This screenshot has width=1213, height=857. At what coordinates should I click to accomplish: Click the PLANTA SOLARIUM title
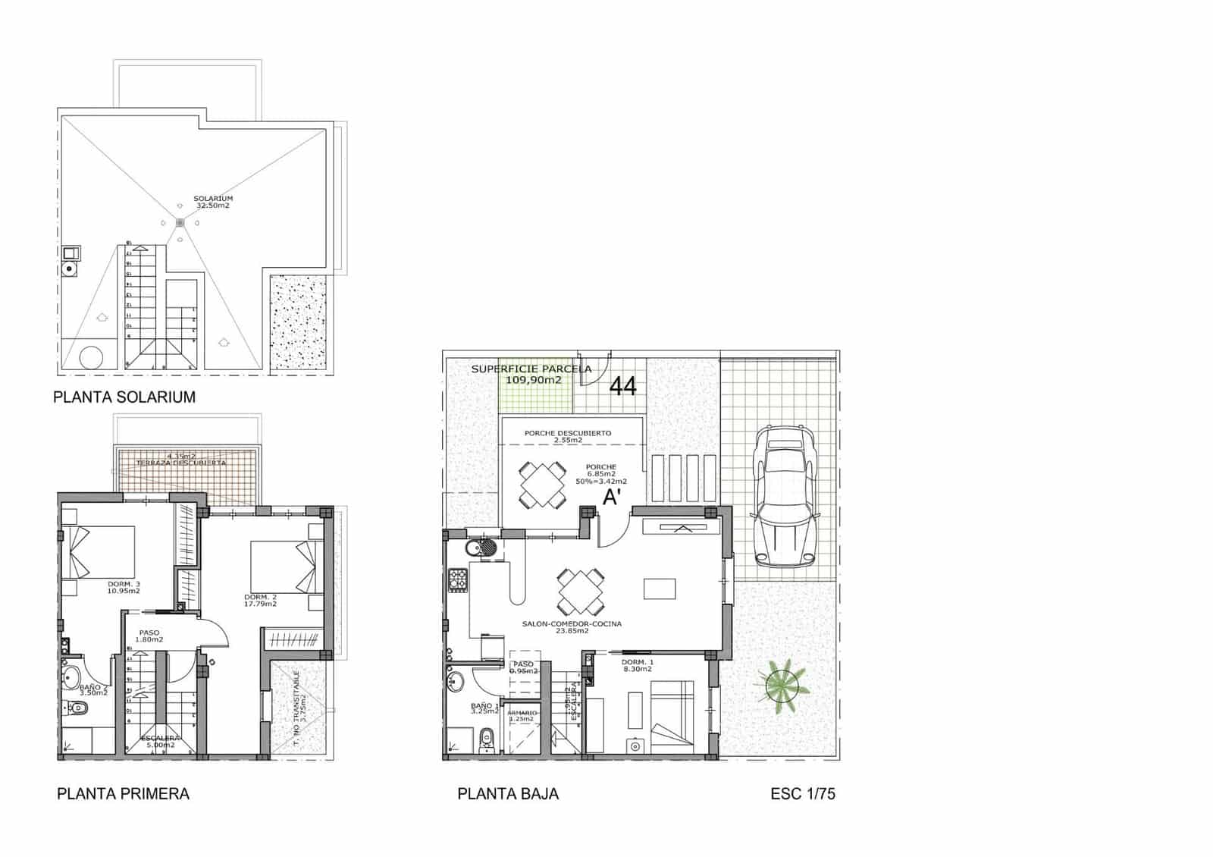pos(124,397)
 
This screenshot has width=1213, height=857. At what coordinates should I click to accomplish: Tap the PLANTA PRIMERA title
pos(123,793)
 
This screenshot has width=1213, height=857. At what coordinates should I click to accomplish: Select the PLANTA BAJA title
pos(508,793)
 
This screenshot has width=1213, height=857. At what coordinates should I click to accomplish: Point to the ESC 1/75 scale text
pos(803,793)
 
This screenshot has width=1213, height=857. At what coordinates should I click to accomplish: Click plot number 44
pos(623,386)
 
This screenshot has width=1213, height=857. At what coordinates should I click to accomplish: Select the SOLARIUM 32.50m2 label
pos(213,202)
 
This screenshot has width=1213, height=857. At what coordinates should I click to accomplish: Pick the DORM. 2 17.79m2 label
pos(260,600)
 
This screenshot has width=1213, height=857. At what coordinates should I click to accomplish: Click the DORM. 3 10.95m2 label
pos(124,586)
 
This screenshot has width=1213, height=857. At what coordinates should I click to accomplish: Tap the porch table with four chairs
pos(542,484)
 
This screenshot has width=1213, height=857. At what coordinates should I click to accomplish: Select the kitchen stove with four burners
pos(458,580)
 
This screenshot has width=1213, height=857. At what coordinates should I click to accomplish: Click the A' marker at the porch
pos(613,498)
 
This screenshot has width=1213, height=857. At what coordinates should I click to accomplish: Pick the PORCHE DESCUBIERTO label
pos(568,436)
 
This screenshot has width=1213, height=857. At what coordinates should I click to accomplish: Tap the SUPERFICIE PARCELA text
pos(531,374)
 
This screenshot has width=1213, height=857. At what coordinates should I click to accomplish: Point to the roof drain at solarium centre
pos(180,222)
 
